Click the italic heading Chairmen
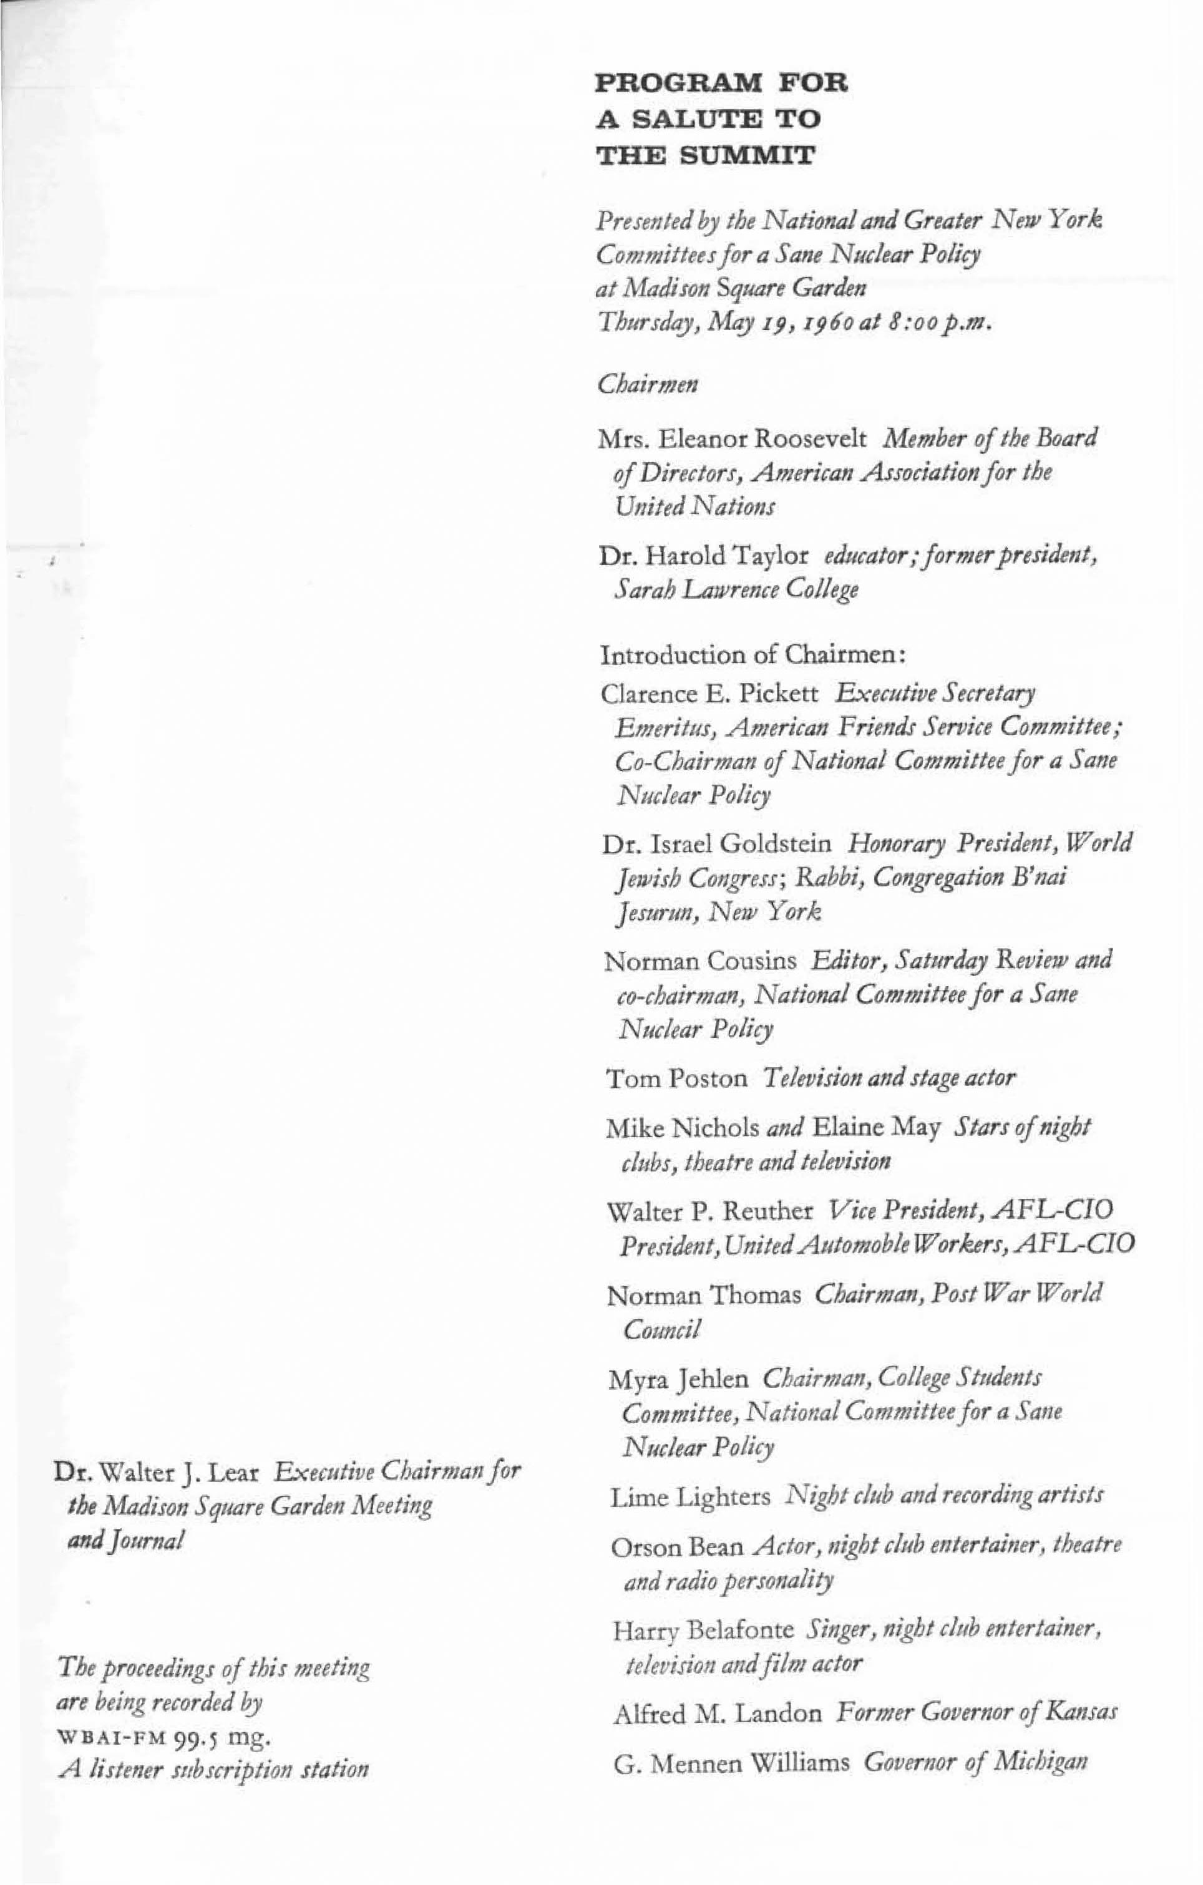[648, 384]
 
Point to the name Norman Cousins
[701, 961]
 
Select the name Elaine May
[877, 1128]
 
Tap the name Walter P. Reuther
[710, 1212]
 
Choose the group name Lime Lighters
[690, 1498]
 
